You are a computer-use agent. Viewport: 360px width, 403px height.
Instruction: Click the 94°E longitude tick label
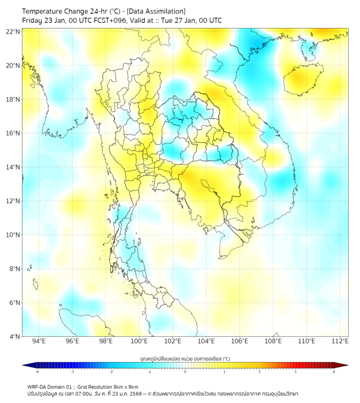coord(39,341)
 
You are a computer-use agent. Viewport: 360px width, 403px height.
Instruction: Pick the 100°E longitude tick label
coord(139,341)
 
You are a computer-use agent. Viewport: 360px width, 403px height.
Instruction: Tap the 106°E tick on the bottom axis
coord(240,341)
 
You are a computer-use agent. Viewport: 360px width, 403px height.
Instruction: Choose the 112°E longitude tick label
coord(340,341)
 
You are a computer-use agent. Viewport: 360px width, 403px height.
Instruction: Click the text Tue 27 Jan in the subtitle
coord(179,20)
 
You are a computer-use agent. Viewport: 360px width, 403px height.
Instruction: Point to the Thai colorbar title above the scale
coord(185,358)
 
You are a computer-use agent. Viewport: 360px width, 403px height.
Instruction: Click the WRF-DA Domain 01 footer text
coord(51,386)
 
